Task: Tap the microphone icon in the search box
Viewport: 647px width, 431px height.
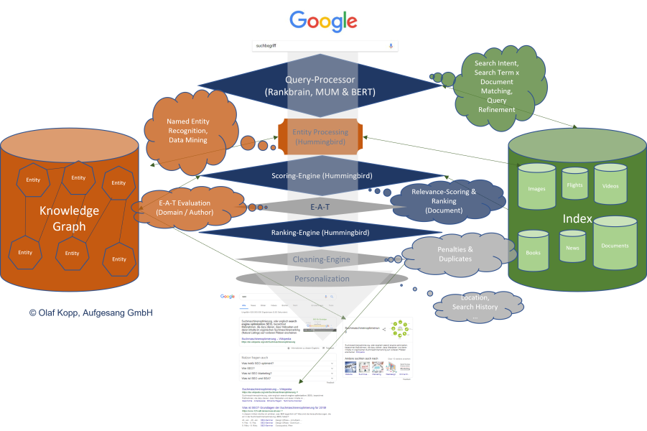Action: point(391,45)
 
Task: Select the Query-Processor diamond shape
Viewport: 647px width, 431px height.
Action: point(320,86)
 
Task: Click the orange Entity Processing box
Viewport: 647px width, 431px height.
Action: point(320,136)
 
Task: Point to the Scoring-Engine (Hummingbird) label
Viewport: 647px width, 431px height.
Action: point(320,175)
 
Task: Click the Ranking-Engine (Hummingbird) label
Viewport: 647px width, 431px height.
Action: point(320,232)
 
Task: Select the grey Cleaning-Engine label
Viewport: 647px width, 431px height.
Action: point(321,259)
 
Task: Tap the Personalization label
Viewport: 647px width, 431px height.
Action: point(321,278)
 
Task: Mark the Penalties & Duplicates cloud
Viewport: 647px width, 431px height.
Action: point(455,253)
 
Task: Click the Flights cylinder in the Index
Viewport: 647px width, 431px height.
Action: point(574,185)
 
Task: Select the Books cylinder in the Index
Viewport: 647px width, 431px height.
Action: point(533,253)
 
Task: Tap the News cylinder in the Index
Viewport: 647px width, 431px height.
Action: point(572,247)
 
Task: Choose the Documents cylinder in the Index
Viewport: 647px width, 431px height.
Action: point(615,244)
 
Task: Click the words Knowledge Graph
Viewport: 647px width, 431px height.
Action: point(69,218)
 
